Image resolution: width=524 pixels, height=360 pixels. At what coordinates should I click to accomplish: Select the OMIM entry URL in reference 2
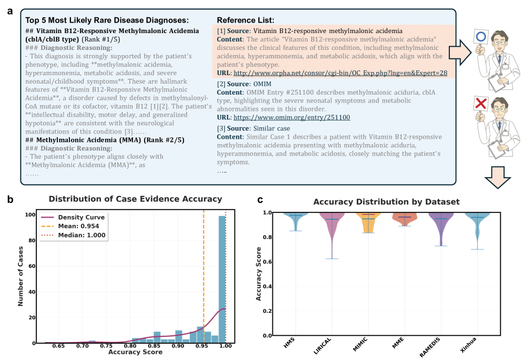point(292,117)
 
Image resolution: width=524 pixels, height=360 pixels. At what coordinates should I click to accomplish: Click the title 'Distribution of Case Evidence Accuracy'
point(136,199)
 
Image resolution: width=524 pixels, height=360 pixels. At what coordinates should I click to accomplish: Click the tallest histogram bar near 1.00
point(222,279)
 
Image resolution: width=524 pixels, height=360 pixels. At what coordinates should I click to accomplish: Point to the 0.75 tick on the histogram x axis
point(106,346)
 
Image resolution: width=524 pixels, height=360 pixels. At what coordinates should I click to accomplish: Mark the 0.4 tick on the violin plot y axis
point(268,286)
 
